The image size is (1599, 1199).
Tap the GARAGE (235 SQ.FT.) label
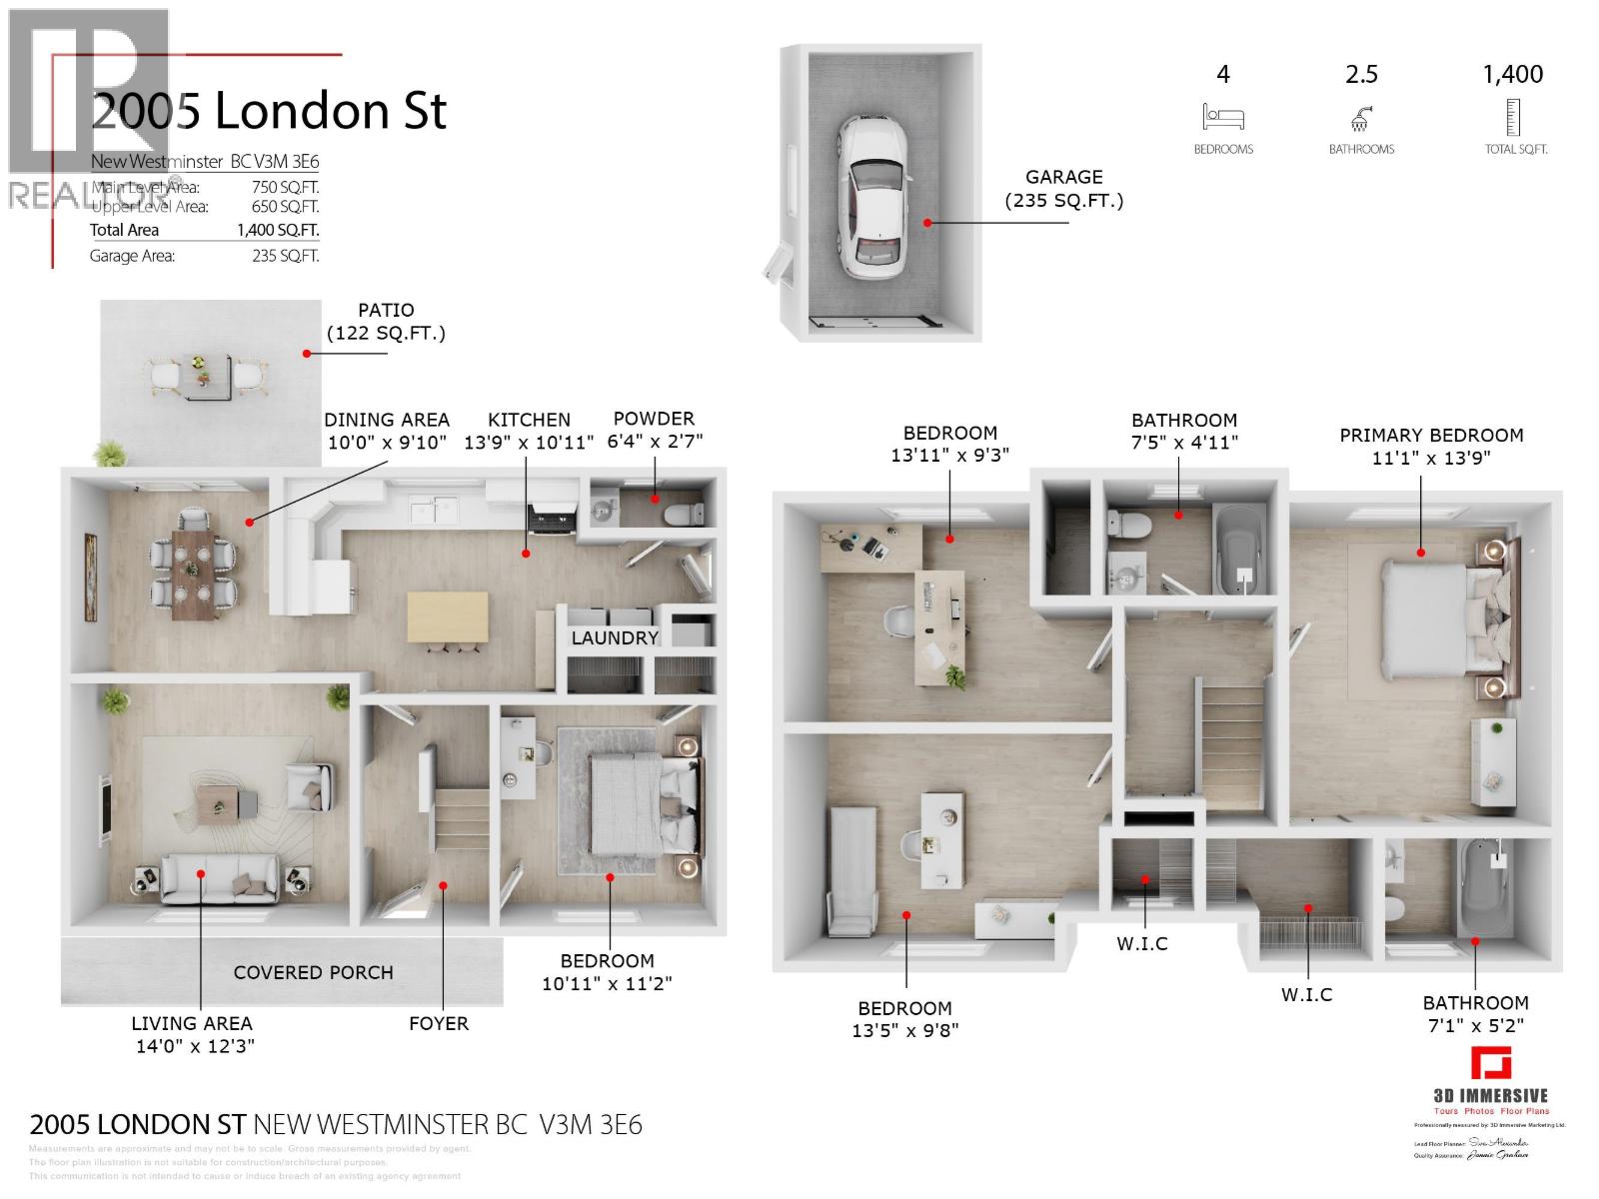(x=1063, y=189)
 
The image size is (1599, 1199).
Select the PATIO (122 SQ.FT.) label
(x=386, y=322)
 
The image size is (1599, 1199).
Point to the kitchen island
(x=448, y=617)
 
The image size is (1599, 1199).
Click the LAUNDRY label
(x=615, y=638)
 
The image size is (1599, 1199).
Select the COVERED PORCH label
(x=313, y=972)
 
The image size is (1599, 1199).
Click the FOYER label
(x=439, y=1024)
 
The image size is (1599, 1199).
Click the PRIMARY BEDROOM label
(x=1431, y=436)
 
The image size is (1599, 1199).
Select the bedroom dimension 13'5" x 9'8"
(x=904, y=1030)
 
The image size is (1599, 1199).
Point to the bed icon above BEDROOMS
(x=1223, y=117)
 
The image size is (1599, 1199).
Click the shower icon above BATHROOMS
(x=1360, y=119)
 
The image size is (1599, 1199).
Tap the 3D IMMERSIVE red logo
(x=1490, y=1063)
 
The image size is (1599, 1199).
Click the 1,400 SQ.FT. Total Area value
(x=278, y=230)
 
